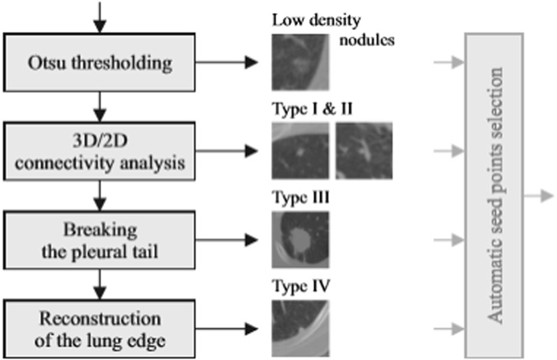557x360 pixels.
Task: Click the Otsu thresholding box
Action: [101, 63]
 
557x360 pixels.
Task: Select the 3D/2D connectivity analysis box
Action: [101, 151]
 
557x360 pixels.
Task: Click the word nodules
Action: [367, 40]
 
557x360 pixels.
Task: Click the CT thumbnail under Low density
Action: [299, 61]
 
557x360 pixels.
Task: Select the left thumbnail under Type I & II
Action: [299, 151]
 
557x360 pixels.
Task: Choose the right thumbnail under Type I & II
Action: [363, 151]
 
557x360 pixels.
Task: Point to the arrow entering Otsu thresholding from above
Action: [101, 17]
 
